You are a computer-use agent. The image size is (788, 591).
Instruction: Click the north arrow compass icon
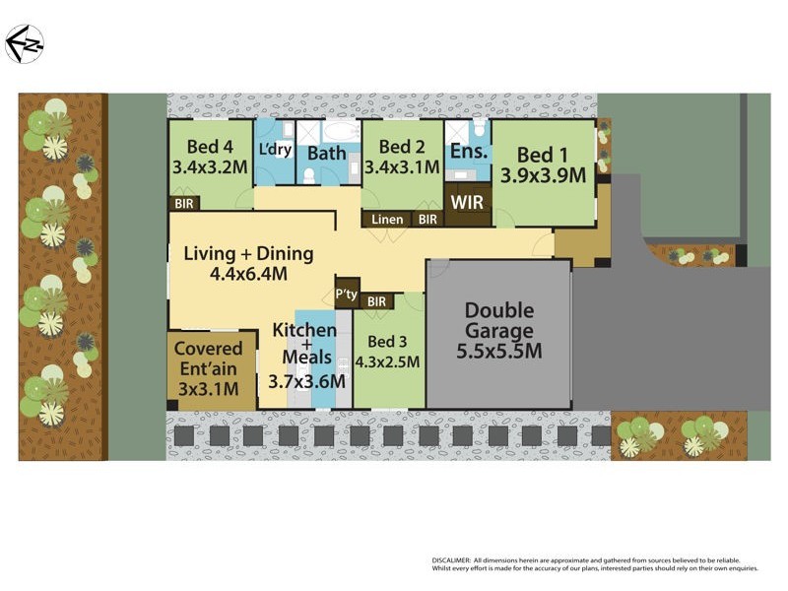[x=25, y=44]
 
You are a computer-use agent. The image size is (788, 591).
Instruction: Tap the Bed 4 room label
[x=208, y=149]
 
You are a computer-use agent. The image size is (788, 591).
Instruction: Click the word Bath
[x=326, y=154]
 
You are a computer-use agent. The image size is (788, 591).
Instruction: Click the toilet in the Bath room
[x=308, y=175]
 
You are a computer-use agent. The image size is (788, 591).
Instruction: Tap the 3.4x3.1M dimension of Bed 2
[x=401, y=168]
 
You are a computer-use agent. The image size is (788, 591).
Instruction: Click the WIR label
[x=466, y=201]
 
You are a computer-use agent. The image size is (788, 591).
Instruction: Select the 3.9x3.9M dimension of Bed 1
[x=543, y=175]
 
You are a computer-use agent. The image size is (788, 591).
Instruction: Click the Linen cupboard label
[x=387, y=220]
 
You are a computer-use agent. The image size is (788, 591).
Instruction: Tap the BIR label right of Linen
[x=427, y=220]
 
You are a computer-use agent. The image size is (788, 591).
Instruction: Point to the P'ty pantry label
[x=346, y=294]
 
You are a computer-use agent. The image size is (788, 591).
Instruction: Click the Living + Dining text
[x=248, y=254]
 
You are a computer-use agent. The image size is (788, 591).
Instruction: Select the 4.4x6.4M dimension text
[x=248, y=275]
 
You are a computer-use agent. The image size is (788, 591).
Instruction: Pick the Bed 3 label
[x=386, y=342]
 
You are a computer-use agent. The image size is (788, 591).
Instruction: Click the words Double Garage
[x=498, y=320]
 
